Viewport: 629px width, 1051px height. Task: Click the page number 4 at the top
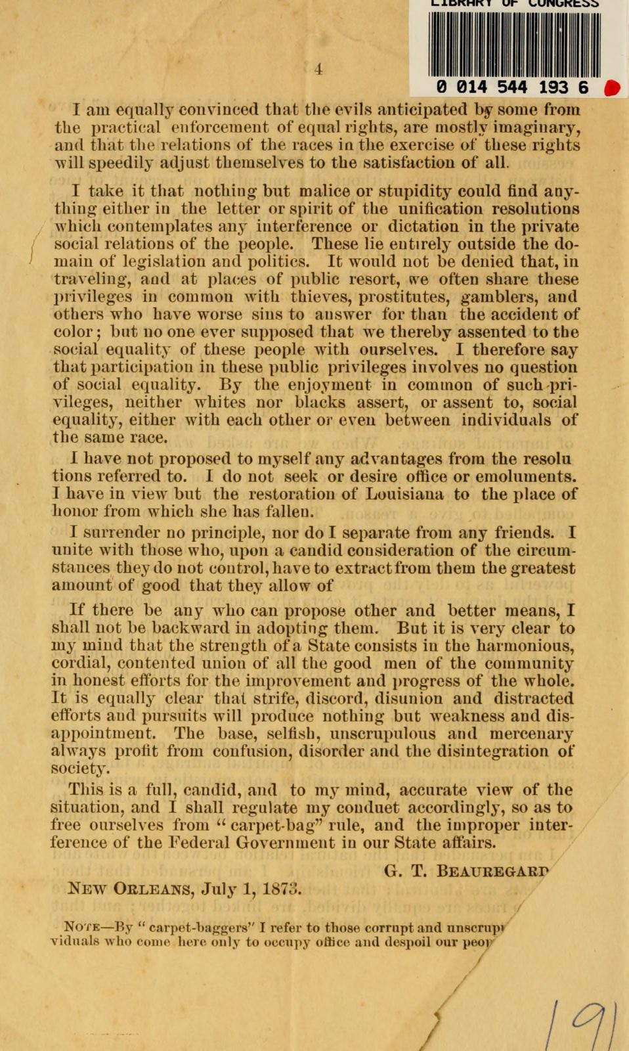318,69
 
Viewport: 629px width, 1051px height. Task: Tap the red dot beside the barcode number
612,88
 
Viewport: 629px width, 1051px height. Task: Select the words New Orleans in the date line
130,889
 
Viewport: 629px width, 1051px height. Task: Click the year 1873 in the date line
282,889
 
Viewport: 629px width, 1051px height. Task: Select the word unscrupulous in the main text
380,734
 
